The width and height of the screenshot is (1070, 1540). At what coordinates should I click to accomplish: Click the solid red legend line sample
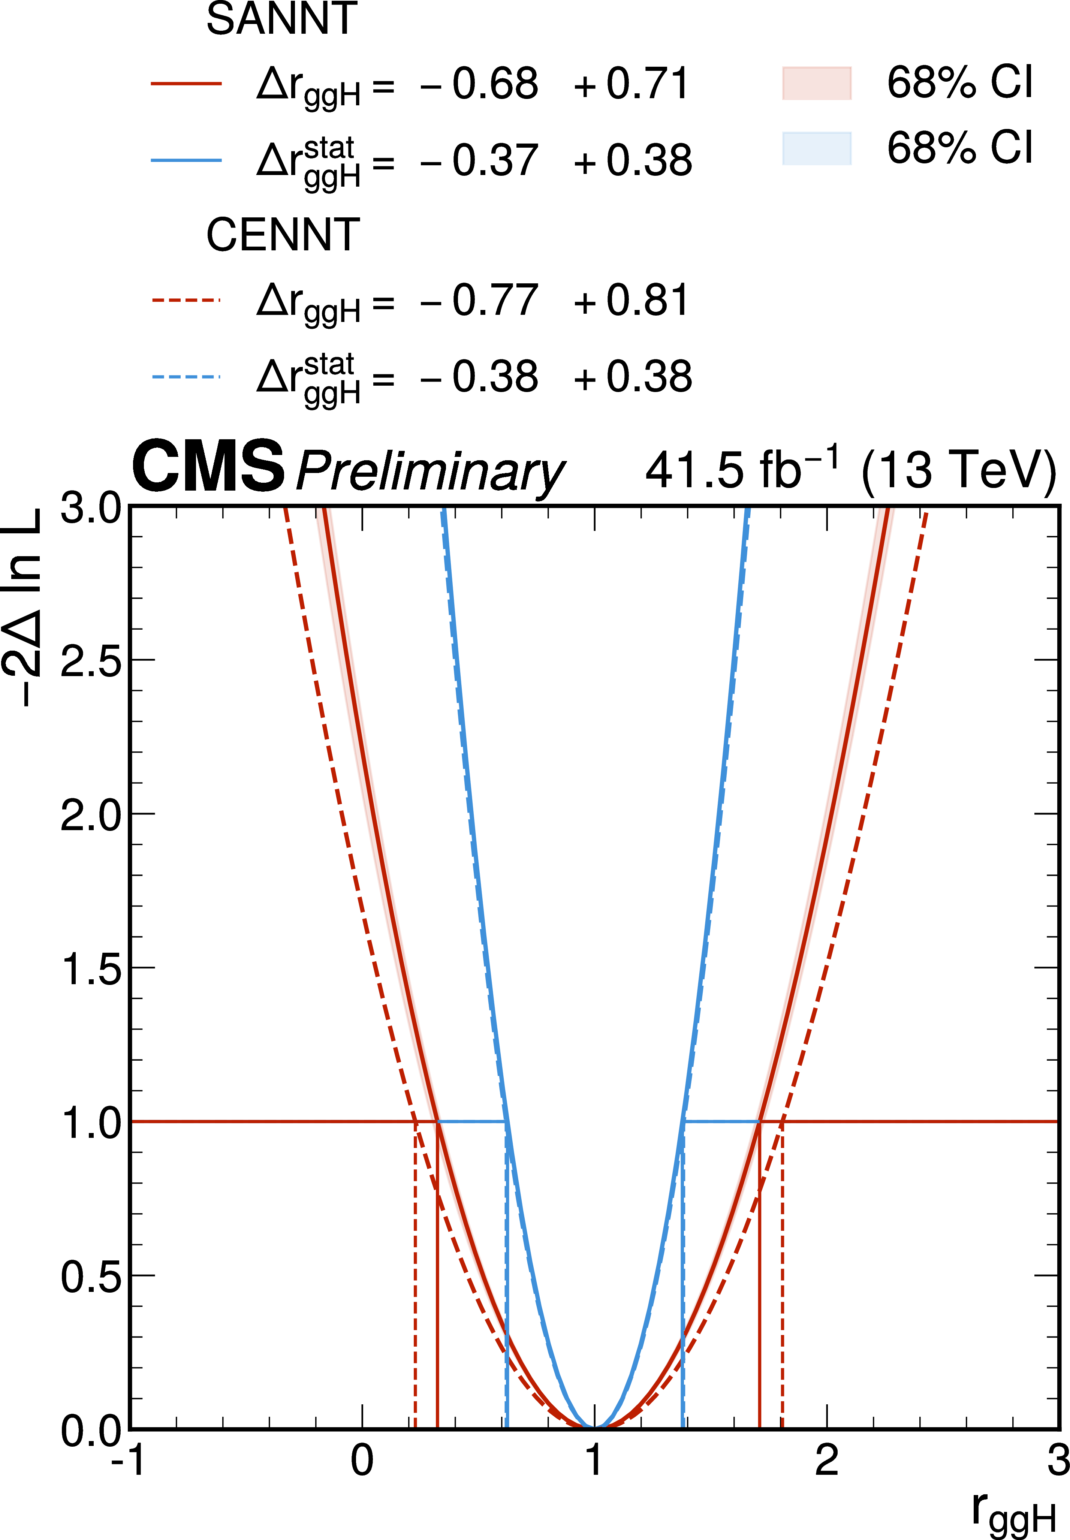click(x=186, y=84)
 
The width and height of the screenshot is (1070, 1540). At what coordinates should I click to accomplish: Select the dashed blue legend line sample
click(x=186, y=377)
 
